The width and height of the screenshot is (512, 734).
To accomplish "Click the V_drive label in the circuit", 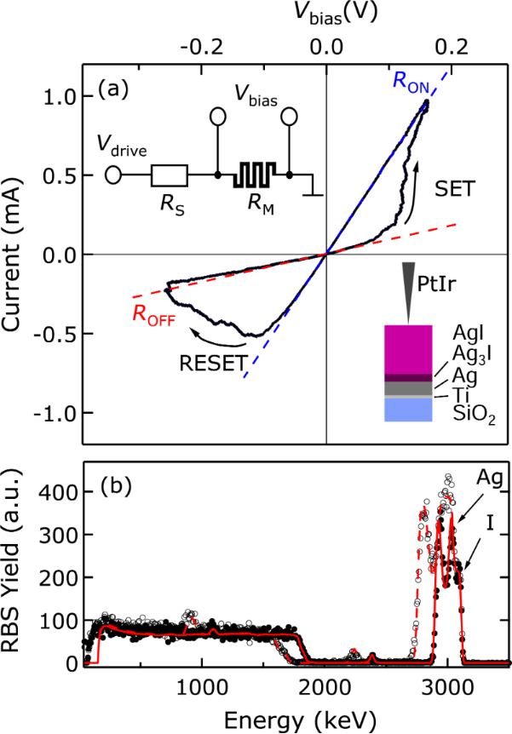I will [126, 150].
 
